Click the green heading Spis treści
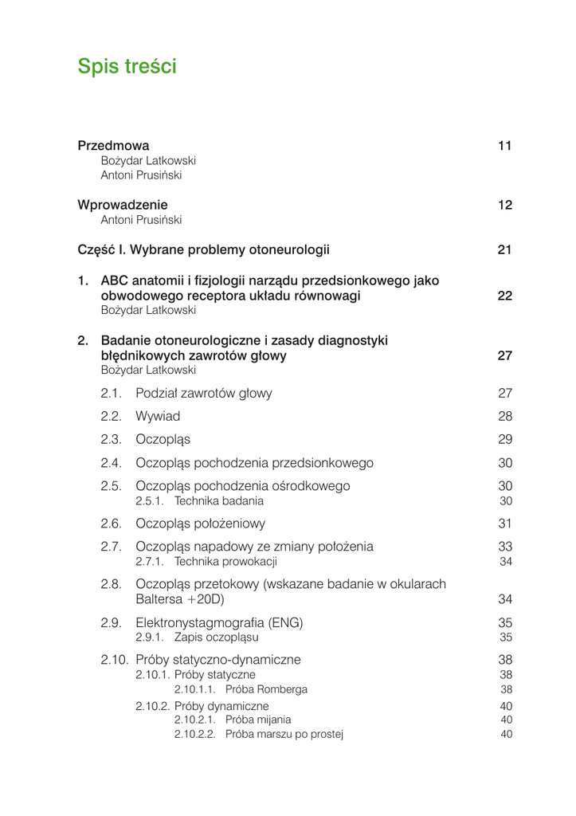127,67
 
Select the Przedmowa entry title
113,146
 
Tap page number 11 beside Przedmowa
504,146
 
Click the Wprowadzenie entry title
122,205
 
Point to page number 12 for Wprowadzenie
504,205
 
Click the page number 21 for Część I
504,249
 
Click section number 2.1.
111,393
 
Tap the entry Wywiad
158,416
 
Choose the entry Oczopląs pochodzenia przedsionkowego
254,463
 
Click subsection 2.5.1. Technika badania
199,501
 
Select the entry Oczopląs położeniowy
200,524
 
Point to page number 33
505,547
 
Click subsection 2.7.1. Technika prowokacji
206,562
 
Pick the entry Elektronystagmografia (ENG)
219,622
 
